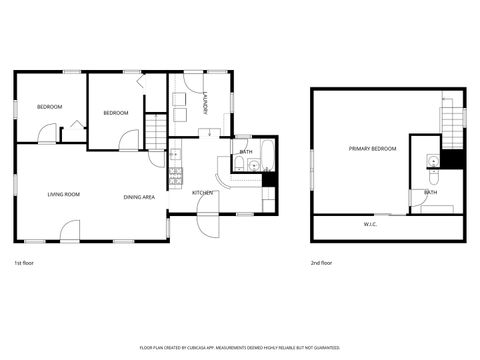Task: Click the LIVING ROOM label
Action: pos(63,194)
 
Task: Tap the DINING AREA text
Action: pos(139,197)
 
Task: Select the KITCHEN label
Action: pos(202,192)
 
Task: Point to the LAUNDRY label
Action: pos(204,103)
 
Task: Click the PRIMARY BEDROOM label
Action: pos(372,149)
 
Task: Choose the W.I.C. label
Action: pos(370,224)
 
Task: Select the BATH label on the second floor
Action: pos(430,192)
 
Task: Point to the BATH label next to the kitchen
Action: pos(246,152)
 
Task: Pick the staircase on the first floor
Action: pos(156,131)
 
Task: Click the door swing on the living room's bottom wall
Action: pos(69,232)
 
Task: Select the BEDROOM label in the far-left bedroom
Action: pos(49,107)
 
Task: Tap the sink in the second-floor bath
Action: pos(431,163)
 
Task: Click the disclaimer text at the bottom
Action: pos(240,349)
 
